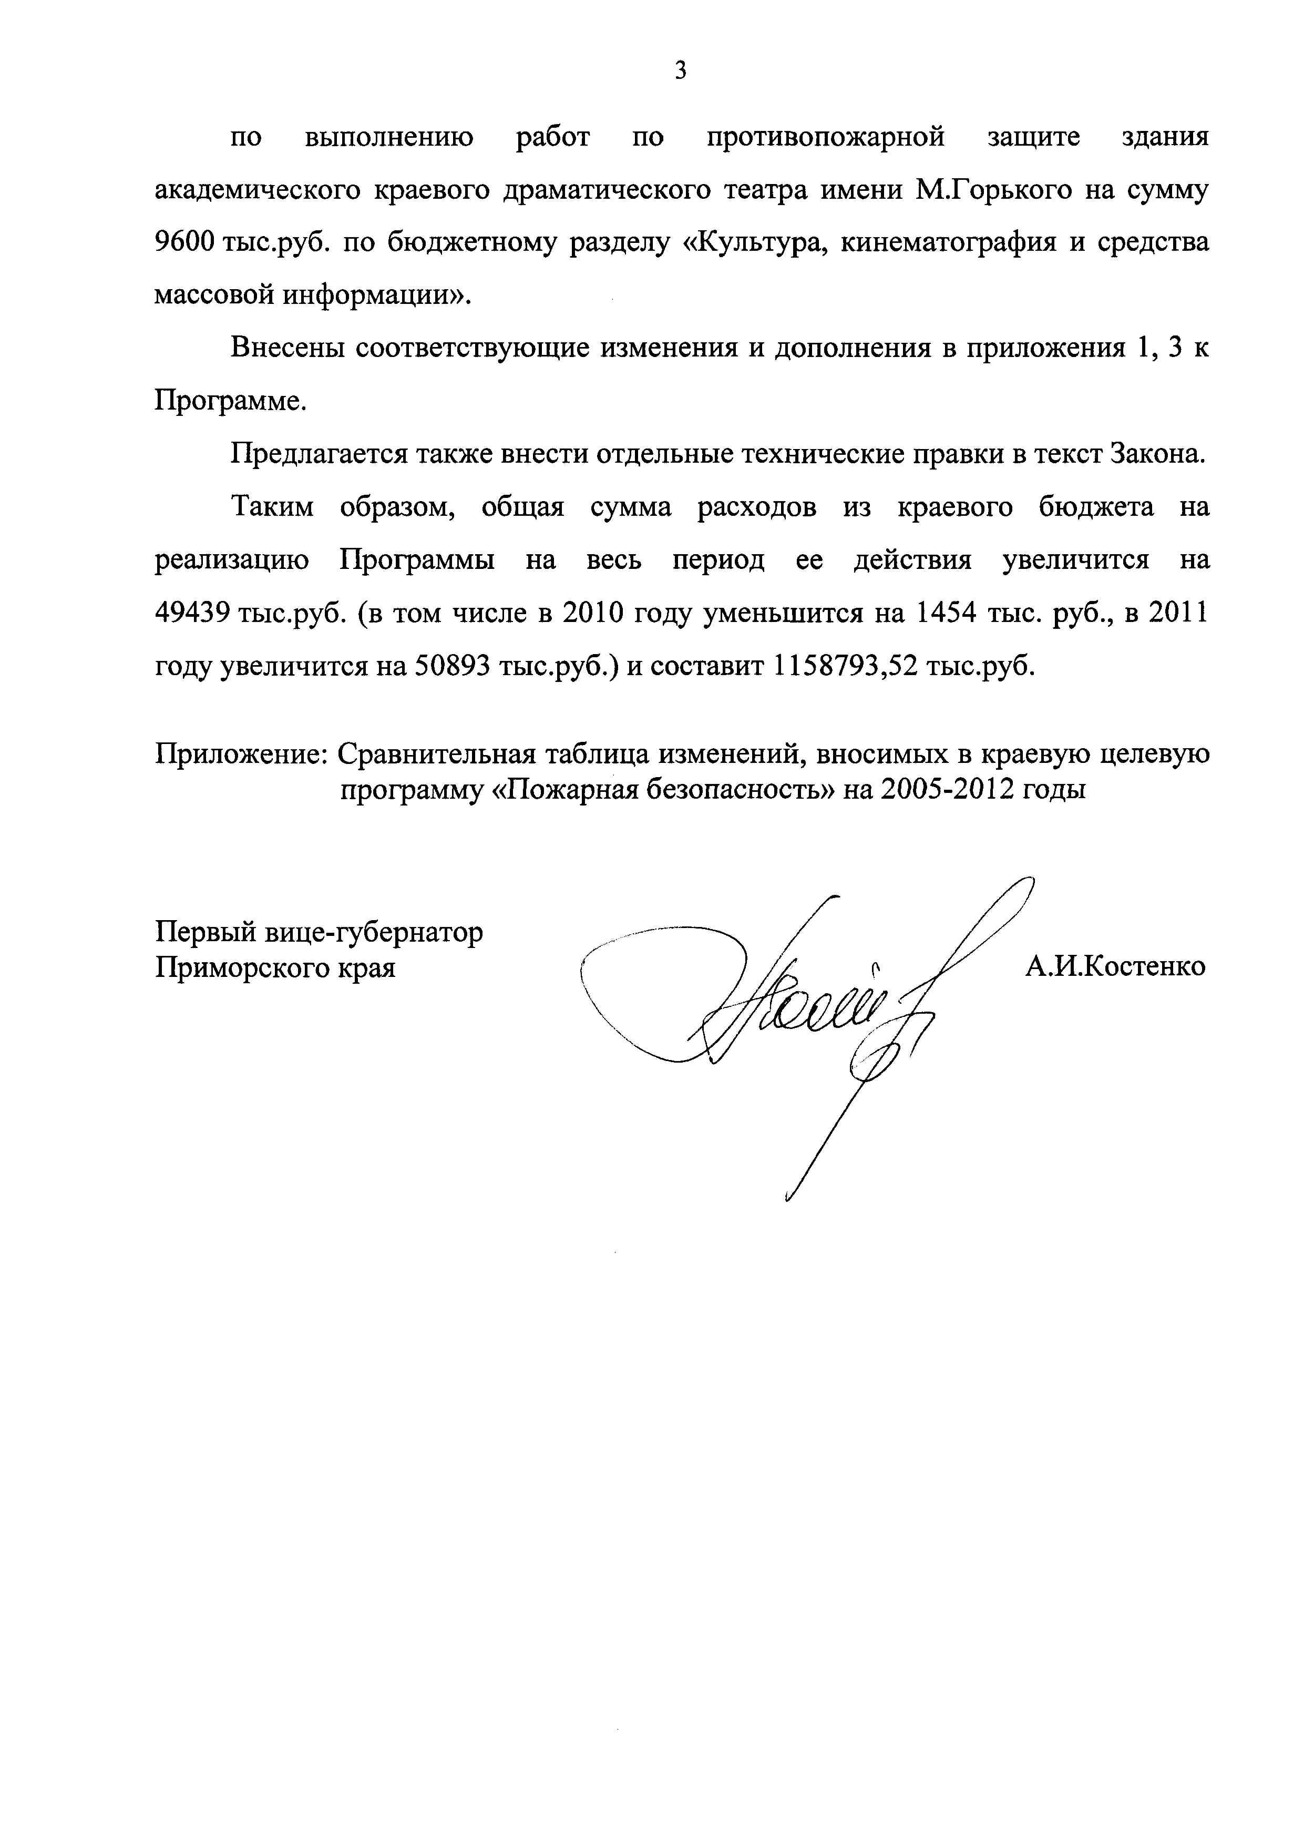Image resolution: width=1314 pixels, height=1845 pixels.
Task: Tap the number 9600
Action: point(183,243)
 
